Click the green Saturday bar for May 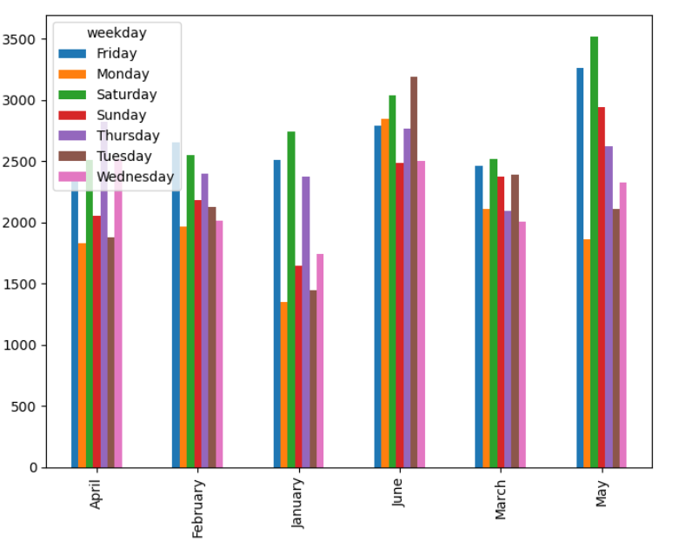594,252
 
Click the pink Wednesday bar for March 522,345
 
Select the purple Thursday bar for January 306,322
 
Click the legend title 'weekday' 117,33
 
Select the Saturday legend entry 126,95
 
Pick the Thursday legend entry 128,136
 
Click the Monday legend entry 123,74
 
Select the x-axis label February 197,508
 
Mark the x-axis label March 501,499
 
